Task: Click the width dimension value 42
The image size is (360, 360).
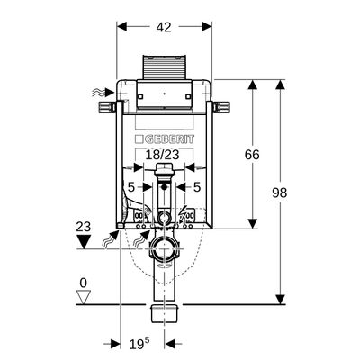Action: tap(164, 27)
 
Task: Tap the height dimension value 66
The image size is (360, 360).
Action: tap(252, 155)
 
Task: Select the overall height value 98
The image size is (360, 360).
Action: tap(280, 193)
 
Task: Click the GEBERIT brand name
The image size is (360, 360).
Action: tap(168, 139)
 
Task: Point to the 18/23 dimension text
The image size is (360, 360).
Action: tap(162, 155)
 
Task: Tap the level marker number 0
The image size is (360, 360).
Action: tap(83, 283)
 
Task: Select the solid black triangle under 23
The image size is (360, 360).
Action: tap(84, 242)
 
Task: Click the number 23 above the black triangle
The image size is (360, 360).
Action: tap(83, 227)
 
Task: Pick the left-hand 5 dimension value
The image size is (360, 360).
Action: tap(131, 187)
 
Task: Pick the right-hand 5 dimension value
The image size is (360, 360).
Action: tap(196, 187)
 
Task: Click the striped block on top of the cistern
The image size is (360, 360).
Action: tap(164, 67)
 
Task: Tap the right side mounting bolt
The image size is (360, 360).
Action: tap(221, 107)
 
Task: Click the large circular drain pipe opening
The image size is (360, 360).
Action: tap(164, 249)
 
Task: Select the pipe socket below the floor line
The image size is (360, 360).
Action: tap(164, 313)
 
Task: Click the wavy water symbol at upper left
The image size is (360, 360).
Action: tap(100, 94)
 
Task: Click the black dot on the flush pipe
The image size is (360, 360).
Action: tap(164, 188)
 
